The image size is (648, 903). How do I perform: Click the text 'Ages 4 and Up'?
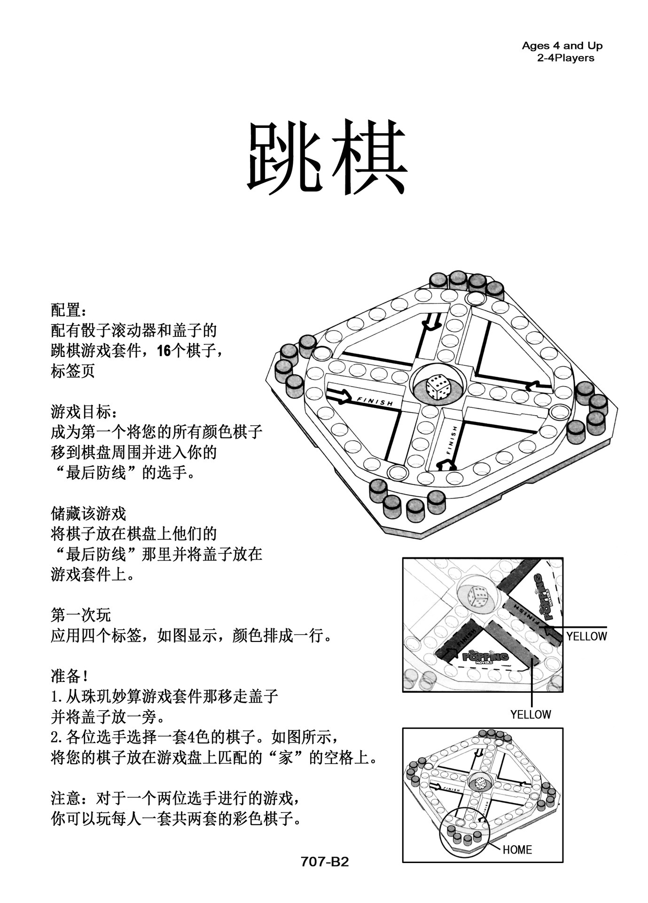[562, 46]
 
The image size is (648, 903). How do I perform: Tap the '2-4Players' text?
[565, 58]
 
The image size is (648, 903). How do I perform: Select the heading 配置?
[69, 310]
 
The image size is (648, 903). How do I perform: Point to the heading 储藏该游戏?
[88, 513]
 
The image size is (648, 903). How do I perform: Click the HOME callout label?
[517, 850]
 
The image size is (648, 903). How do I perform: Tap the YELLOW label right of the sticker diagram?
[586, 636]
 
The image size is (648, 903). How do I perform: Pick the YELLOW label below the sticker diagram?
[531, 714]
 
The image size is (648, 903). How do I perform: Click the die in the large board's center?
[437, 387]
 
